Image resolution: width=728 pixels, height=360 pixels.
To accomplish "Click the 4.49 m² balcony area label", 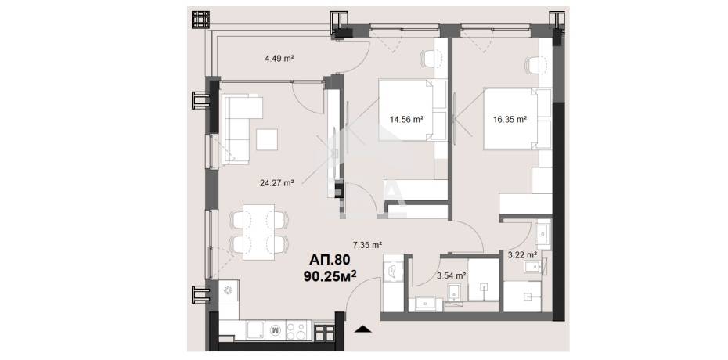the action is coord(280,59).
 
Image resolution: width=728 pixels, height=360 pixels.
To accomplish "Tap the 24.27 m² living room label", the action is coord(277,183).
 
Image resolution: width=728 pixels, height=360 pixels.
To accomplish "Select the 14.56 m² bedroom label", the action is coord(406,119).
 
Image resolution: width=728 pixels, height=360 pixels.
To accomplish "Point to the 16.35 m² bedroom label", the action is coord(510,119).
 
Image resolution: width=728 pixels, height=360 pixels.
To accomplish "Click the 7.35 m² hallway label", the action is coord(367,245).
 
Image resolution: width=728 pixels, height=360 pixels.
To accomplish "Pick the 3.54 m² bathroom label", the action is coord(452,275).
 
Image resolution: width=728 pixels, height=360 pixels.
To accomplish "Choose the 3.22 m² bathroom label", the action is coord(522,254).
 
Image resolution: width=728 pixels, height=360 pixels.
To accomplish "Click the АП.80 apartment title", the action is coord(329,261).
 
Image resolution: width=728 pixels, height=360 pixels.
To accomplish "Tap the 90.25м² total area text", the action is coord(330,276).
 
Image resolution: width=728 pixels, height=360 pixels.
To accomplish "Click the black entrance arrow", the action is coord(363,329).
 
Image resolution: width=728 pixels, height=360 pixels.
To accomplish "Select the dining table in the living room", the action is coord(258,232).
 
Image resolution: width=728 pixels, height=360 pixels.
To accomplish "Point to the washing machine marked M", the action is coord(276,330).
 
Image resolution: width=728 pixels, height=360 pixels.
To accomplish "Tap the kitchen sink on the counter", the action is coord(255,330).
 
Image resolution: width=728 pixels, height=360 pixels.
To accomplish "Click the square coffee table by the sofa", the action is coord(267,139).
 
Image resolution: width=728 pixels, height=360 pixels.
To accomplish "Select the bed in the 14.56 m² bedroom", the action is coord(412,110).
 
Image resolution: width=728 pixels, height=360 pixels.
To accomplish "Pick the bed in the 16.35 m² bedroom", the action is coord(517,119).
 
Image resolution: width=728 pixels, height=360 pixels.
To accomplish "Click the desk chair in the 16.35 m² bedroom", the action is coord(533,65).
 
